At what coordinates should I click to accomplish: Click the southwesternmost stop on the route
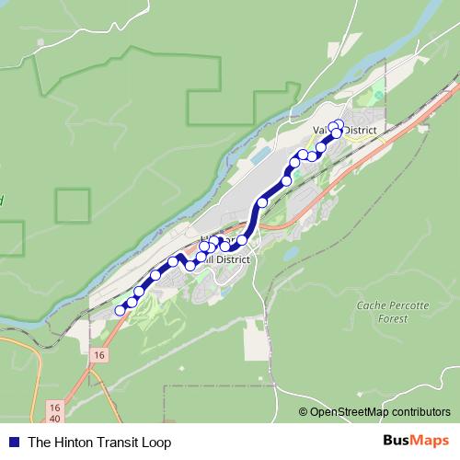pyautogui.click(x=120, y=311)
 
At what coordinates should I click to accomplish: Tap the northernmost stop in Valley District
pyautogui.click(x=339, y=124)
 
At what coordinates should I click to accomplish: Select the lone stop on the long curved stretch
pyautogui.click(x=263, y=202)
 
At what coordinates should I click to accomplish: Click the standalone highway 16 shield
pyautogui.click(x=99, y=354)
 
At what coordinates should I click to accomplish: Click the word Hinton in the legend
pyautogui.click(x=74, y=442)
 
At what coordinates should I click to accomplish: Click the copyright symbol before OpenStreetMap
pyautogui.click(x=304, y=412)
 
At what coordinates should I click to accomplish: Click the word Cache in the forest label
pyautogui.click(x=371, y=305)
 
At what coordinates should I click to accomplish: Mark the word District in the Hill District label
pyautogui.click(x=232, y=259)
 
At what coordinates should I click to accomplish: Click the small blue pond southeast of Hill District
pyautogui.click(x=290, y=252)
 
